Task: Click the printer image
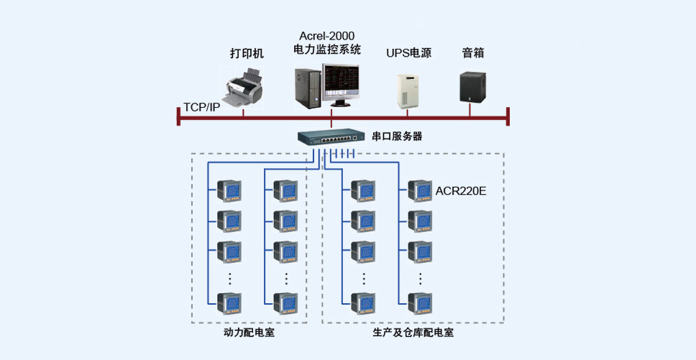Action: (243, 88)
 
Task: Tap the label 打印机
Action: (247, 54)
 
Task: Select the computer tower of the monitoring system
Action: (308, 88)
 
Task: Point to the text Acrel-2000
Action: (326, 35)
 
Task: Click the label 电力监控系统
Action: (327, 49)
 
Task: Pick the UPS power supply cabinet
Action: (408, 91)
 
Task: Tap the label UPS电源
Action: (408, 54)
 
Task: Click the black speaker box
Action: (472, 88)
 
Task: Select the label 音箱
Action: (473, 53)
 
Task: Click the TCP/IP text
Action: (201, 108)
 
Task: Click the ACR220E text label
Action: (461, 191)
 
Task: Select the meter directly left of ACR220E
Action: (420, 190)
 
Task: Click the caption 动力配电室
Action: (249, 333)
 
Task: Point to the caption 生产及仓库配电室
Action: (413, 333)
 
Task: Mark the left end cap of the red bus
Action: (178, 116)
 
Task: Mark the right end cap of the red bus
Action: (508, 116)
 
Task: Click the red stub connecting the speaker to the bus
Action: (470, 111)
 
